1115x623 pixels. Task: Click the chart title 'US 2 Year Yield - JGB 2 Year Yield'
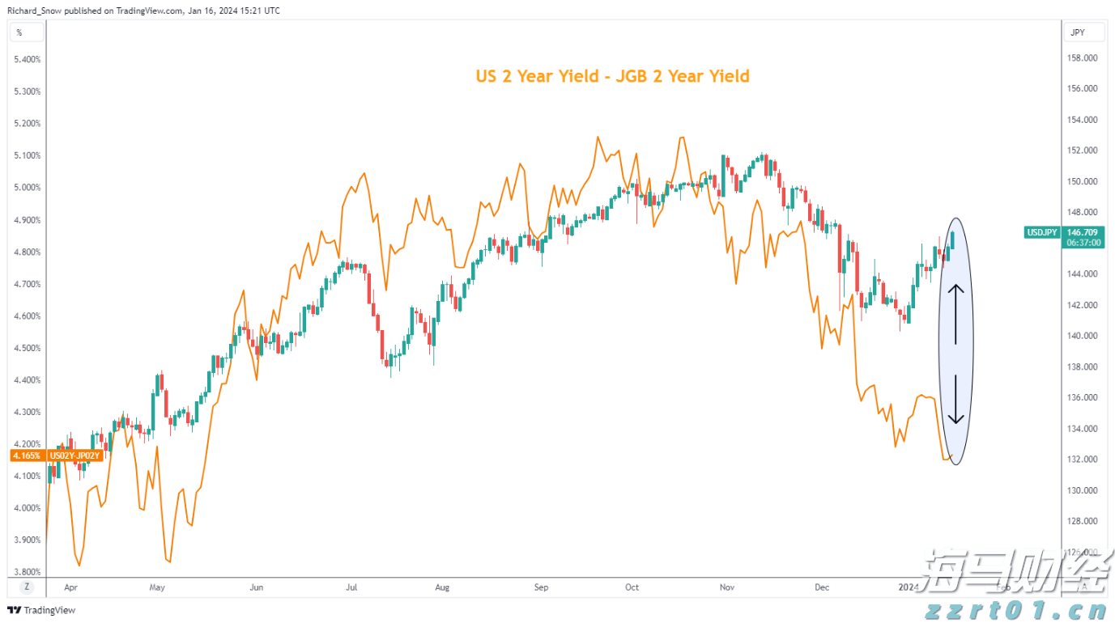click(x=612, y=76)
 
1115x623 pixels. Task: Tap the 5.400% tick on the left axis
click(x=28, y=59)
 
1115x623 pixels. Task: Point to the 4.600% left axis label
click(x=28, y=316)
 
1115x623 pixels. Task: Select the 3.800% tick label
click(x=28, y=571)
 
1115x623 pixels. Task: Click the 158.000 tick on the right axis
click(x=1083, y=58)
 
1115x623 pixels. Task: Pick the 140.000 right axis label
click(x=1083, y=336)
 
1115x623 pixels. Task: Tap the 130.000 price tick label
click(x=1083, y=490)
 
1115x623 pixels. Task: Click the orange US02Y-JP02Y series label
click(x=74, y=456)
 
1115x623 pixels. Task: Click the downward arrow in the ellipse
click(x=956, y=400)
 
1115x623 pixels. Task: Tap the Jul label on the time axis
click(x=351, y=587)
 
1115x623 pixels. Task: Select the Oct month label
click(x=632, y=587)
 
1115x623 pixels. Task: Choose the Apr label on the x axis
click(x=70, y=587)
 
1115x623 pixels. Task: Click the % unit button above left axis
click(x=19, y=33)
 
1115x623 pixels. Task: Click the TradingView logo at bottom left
click(x=41, y=610)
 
